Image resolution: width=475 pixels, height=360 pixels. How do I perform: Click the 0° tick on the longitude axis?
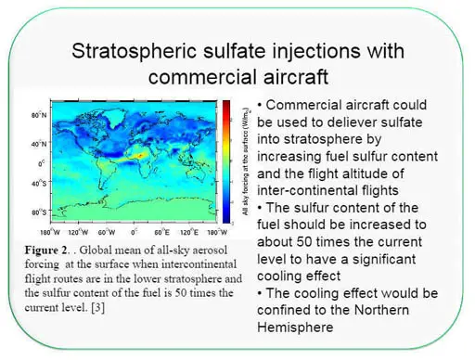click(x=134, y=231)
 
